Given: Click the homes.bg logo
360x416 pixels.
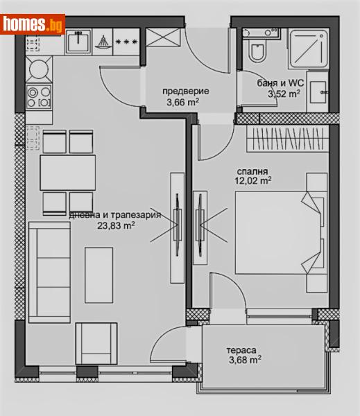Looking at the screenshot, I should [x=33, y=24].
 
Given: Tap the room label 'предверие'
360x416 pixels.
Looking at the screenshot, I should [x=185, y=91].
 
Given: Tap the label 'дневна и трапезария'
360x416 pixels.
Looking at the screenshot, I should [x=114, y=215].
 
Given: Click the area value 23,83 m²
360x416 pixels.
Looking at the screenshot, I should [x=116, y=225].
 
